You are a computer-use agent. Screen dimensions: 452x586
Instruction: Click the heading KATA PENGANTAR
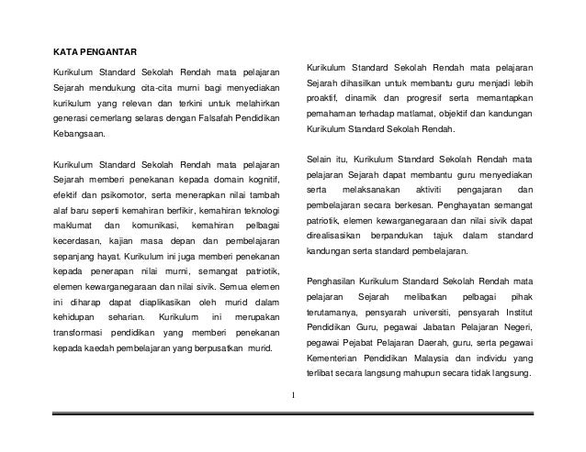pos(92,49)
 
